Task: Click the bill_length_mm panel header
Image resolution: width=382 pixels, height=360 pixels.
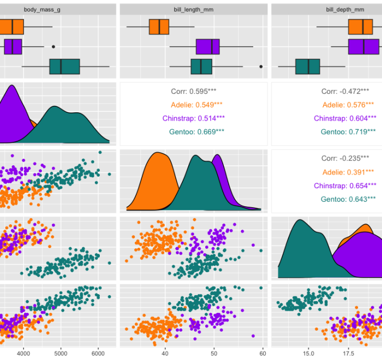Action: (193, 9)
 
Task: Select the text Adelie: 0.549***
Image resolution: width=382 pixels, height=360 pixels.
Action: (193, 105)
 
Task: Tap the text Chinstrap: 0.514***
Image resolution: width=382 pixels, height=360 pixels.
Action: (193, 118)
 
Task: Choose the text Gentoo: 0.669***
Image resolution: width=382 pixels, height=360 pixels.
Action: (193, 131)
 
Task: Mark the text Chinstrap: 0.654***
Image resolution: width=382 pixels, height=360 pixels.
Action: (345, 185)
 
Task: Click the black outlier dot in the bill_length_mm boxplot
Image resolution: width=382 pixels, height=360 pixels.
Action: (261, 67)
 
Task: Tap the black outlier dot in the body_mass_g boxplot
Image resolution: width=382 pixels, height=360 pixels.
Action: (53, 47)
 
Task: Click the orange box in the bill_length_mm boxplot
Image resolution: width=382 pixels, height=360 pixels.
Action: (159, 27)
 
